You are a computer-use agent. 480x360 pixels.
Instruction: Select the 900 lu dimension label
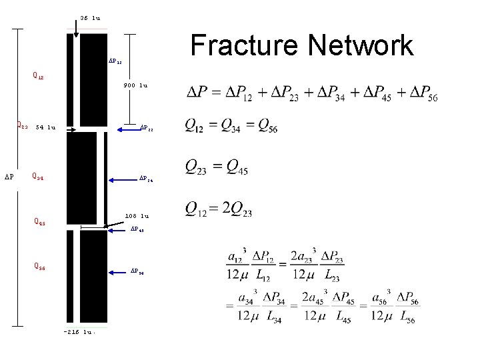pos(135,85)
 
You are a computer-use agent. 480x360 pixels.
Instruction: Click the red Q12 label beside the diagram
pos(38,75)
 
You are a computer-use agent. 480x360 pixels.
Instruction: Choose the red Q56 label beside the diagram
pos(40,266)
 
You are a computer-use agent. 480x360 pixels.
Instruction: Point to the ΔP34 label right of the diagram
pos(146,179)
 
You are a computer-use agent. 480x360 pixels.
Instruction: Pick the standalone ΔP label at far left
pos(9,177)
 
